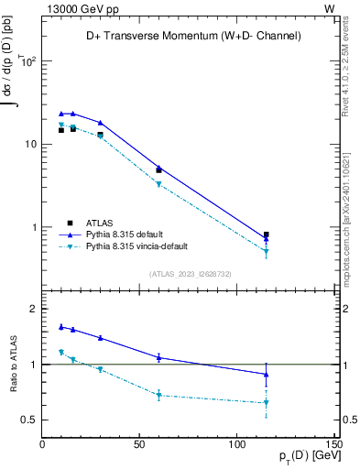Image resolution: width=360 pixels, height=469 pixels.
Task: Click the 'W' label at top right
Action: (x=329, y=7)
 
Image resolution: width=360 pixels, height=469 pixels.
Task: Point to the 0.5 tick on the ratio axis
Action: (x=31, y=420)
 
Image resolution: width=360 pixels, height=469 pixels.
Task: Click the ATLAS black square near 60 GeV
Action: (x=158, y=170)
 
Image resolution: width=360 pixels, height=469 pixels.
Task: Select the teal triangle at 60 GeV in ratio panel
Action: (x=158, y=396)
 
